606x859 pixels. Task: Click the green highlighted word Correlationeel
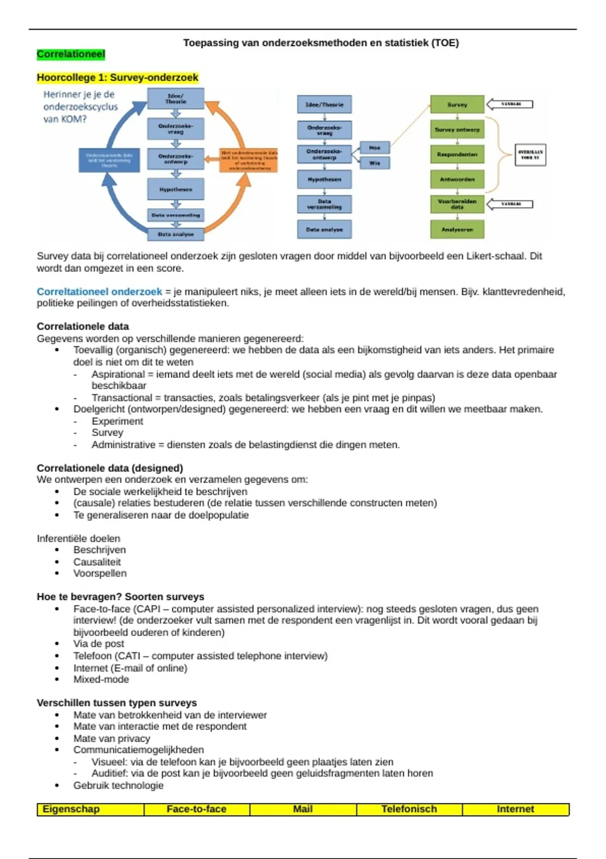(x=71, y=54)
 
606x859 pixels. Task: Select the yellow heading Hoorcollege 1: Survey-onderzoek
(x=117, y=77)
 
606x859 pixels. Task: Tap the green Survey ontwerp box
(x=457, y=130)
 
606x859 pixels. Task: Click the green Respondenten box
(x=457, y=155)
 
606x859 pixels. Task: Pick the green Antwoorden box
(x=457, y=179)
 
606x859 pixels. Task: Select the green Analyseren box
(x=457, y=229)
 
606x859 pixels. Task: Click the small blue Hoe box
(x=375, y=148)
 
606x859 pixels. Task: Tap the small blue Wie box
(x=375, y=163)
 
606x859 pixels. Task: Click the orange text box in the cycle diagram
(x=249, y=160)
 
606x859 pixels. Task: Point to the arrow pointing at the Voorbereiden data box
(x=510, y=204)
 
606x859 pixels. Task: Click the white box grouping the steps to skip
(x=530, y=155)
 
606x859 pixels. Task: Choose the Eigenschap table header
(x=71, y=809)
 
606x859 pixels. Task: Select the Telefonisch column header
(x=409, y=809)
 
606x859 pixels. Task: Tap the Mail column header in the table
(x=302, y=809)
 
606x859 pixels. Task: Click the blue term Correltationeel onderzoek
(x=99, y=292)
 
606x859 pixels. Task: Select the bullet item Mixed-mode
(x=101, y=680)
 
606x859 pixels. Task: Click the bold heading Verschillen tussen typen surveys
(x=117, y=703)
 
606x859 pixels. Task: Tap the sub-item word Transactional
(x=122, y=398)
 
